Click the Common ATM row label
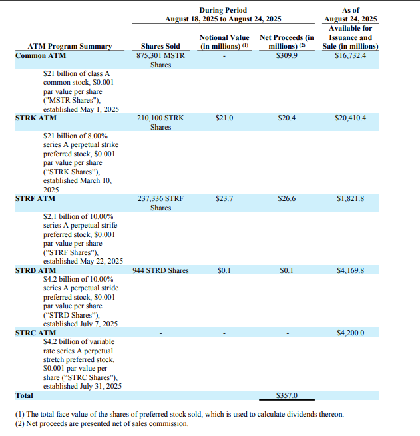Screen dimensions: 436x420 click(39, 56)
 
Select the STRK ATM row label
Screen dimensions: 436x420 click(35, 118)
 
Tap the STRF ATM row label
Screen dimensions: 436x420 click(35, 198)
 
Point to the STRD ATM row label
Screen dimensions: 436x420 click(35, 270)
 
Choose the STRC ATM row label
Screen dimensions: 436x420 click(35, 333)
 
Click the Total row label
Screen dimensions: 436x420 click(24, 395)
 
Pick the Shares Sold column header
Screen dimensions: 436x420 click(160, 47)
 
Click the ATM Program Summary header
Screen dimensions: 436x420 click(69, 47)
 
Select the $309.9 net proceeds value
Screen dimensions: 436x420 click(286, 56)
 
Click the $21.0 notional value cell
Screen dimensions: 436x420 click(224, 118)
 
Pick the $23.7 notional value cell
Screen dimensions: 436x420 click(224, 198)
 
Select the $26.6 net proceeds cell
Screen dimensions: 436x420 click(286, 198)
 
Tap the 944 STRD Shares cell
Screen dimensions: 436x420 click(160, 270)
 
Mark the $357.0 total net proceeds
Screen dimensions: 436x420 click(286, 395)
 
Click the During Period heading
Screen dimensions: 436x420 click(223, 10)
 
